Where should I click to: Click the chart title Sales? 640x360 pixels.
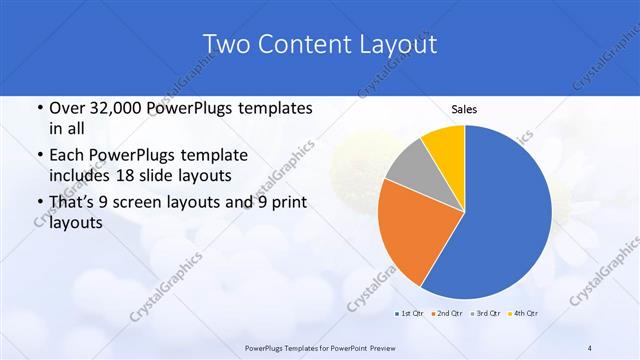tap(464, 109)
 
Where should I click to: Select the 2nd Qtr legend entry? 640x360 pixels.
tap(446, 314)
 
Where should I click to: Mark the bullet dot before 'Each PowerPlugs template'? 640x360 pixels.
tap(39, 156)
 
